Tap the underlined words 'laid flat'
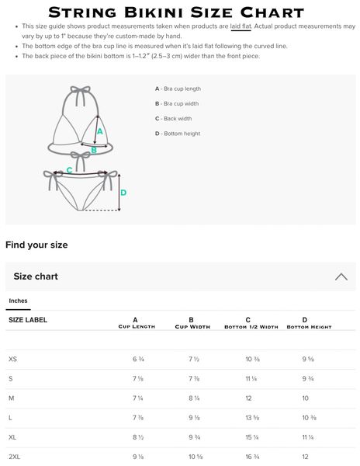[x=241, y=26]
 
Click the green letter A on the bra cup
[x=100, y=131]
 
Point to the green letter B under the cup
[x=94, y=150]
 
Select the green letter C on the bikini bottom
[x=70, y=170]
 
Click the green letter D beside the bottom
[x=123, y=193]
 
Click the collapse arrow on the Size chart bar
[x=341, y=276]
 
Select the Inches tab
[x=18, y=301]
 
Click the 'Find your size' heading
[x=36, y=245]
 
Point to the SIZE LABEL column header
[x=28, y=320]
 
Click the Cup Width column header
[x=192, y=323]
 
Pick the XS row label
[x=12, y=359]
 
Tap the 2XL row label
[x=14, y=457]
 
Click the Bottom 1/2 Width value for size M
[x=248, y=398]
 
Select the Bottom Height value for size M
[x=306, y=398]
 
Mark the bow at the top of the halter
[x=80, y=90]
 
